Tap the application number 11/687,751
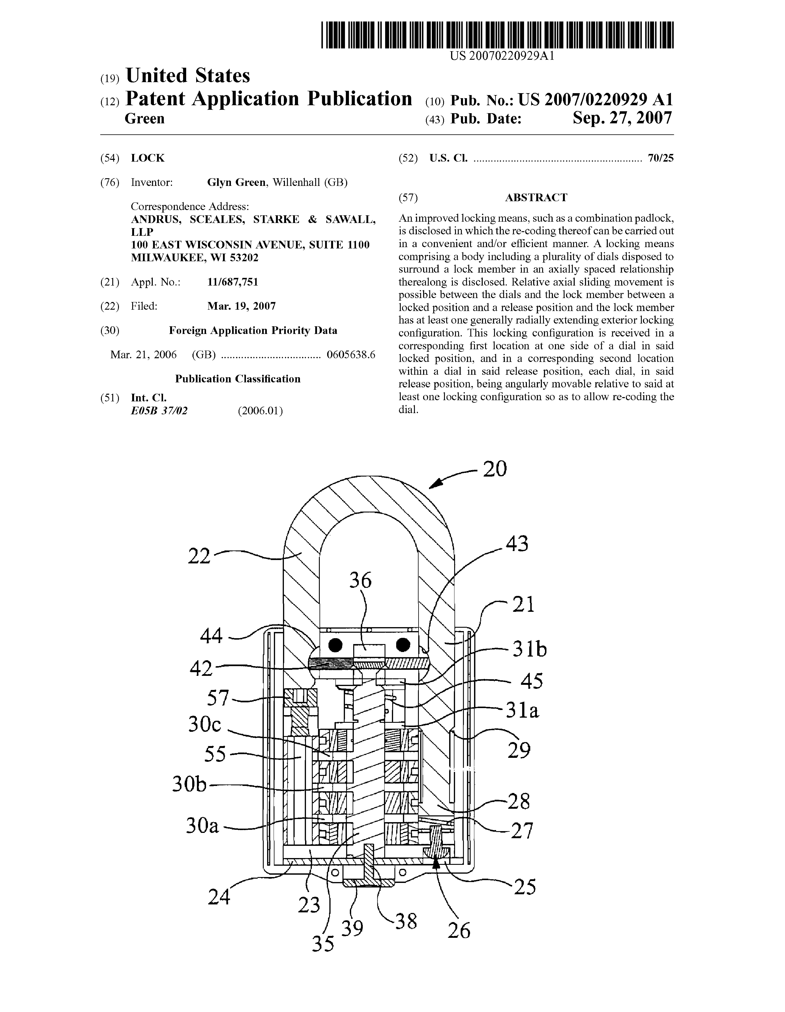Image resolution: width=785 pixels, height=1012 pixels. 233,282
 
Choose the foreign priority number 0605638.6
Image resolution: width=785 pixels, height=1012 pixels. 351,355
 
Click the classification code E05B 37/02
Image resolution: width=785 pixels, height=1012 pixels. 159,410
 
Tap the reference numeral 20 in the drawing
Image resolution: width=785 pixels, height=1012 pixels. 495,469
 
